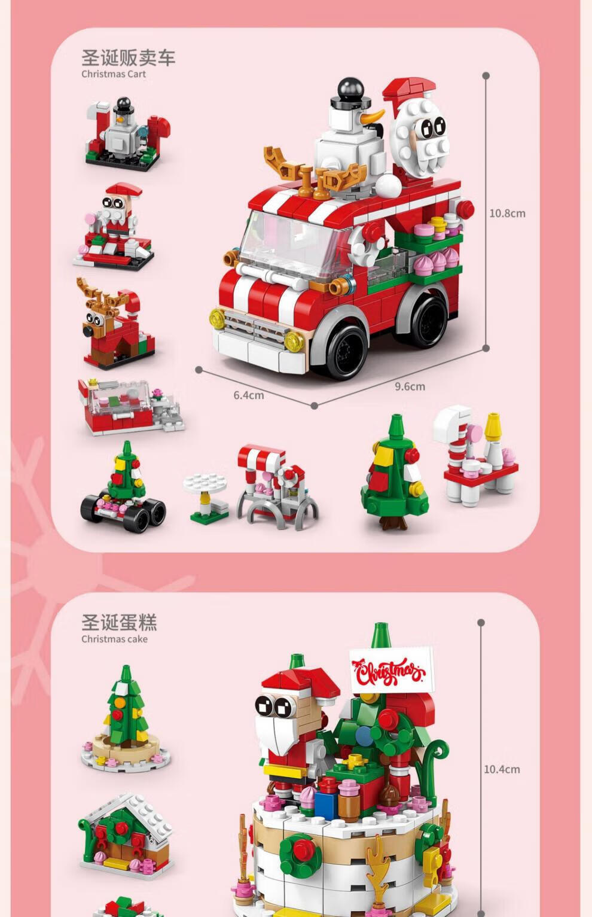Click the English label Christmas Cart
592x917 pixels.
coord(114,74)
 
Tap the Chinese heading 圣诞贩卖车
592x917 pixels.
coord(128,57)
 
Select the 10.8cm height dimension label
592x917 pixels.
coord(507,214)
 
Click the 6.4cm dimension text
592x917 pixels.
coord(249,395)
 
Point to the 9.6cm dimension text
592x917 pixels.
coord(410,386)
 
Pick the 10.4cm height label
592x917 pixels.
coord(502,769)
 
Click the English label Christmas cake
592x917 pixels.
coord(114,639)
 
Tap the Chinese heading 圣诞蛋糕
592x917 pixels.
coord(119,623)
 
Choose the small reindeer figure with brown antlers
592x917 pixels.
coord(116,324)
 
